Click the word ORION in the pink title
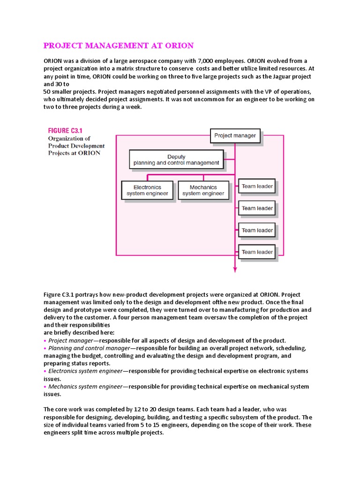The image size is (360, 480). (179, 45)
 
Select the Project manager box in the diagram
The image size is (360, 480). (235, 136)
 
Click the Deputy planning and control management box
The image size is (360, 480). (176, 160)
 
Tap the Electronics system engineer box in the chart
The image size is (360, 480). (147, 190)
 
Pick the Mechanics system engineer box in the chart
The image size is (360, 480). (203, 190)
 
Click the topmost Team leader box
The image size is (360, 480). (257, 187)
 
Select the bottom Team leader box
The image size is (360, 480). (257, 252)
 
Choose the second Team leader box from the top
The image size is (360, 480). (257, 208)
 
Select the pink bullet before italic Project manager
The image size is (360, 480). (45, 341)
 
